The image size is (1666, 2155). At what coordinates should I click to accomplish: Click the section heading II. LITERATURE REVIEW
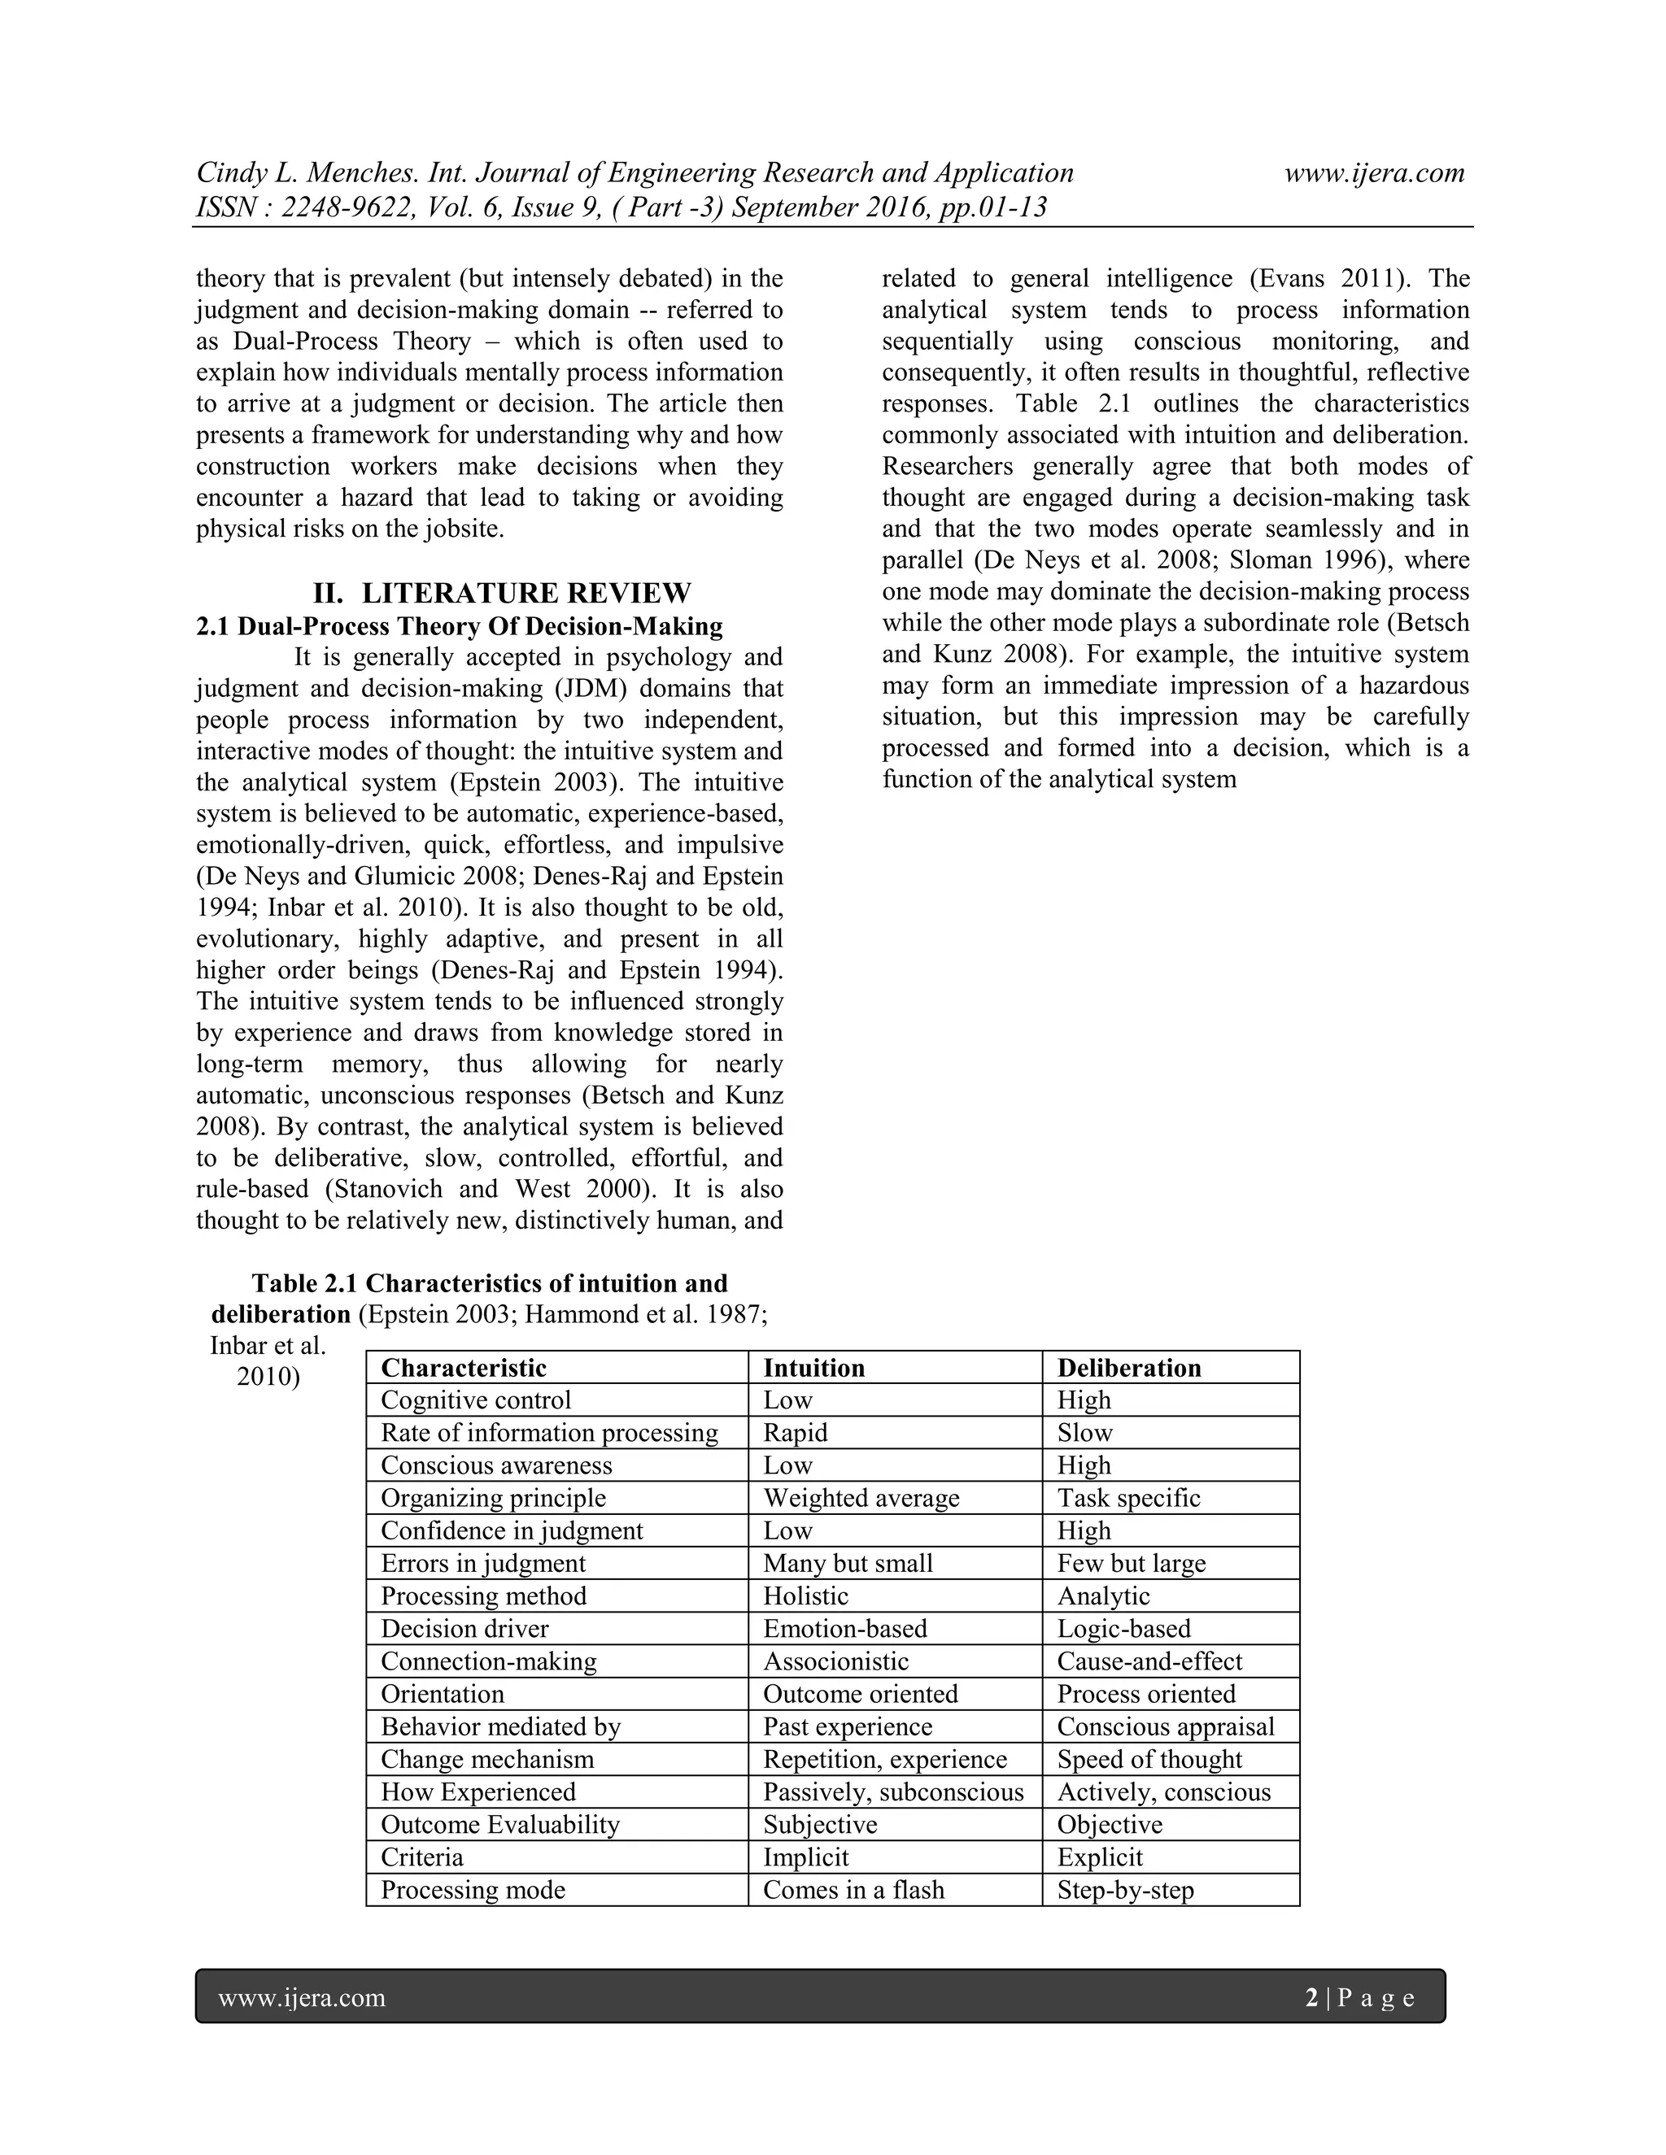503,593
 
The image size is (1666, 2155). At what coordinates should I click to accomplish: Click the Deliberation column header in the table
1128,1368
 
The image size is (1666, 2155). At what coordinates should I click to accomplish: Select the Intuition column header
813,1368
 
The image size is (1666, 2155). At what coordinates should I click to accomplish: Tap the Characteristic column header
463,1368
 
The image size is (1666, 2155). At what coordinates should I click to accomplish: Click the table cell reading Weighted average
861,1498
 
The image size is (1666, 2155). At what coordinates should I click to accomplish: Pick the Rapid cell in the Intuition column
795,1433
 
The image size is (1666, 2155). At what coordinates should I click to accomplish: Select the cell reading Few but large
1131,1563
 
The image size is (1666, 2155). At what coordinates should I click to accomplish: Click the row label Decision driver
464,1628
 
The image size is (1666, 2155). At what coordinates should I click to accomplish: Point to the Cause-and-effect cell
1149,1661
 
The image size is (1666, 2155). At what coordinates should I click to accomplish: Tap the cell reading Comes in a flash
853,1890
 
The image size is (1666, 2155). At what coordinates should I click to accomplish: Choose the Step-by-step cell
1125,1890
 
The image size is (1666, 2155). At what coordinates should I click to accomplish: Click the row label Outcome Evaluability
499,1825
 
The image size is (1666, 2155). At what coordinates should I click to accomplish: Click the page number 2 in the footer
1311,1998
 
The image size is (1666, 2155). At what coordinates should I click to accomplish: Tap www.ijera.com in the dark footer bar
301,1998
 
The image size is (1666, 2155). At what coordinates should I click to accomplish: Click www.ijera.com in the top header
1374,172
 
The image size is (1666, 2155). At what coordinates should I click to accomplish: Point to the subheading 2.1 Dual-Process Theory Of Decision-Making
459,626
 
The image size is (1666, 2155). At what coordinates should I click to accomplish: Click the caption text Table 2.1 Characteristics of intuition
490,1284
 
